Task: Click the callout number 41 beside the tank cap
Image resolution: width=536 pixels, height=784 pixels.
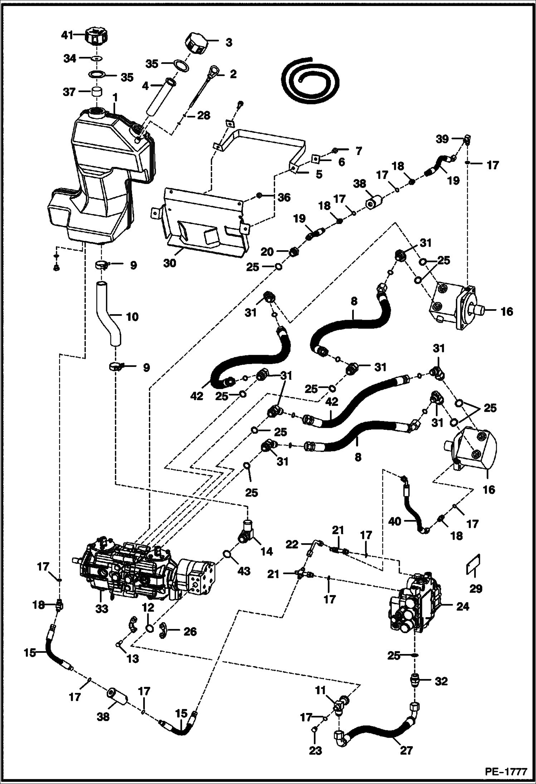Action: (x=67, y=35)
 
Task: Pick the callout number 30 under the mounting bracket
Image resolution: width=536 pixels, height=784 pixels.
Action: (x=170, y=263)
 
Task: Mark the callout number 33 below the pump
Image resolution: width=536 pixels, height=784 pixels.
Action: (x=102, y=608)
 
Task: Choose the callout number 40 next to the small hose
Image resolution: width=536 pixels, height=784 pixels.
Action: (x=395, y=522)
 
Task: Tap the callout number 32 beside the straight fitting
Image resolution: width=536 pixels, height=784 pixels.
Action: (x=441, y=681)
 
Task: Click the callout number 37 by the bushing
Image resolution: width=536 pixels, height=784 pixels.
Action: (x=69, y=92)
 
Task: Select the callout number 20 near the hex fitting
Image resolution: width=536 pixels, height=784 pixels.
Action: (x=267, y=252)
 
